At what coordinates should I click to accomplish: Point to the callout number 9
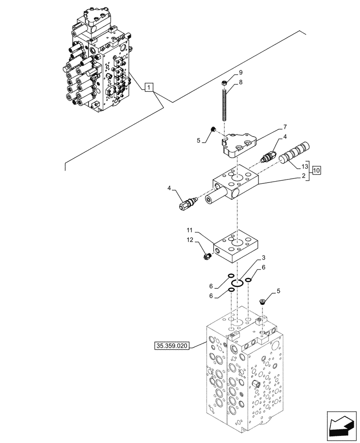240,72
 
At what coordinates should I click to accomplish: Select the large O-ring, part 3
239,283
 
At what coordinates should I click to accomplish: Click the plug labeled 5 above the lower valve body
263,302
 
